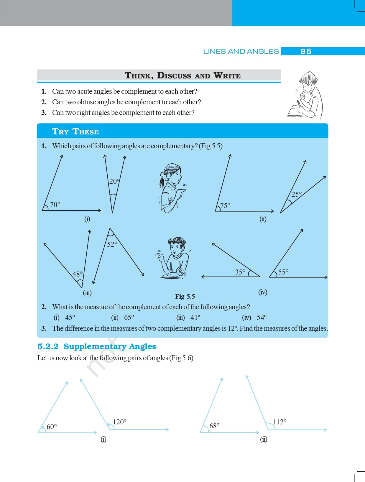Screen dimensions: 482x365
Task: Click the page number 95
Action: tap(306, 51)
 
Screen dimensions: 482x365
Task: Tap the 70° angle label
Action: tap(55, 204)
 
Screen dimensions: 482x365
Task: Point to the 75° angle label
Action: tap(225, 205)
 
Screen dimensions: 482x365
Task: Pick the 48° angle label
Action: tap(78, 274)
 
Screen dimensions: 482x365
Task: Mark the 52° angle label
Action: tap(112, 244)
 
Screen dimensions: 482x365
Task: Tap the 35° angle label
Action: tap(240, 272)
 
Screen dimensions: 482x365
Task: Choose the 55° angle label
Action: tap(283, 272)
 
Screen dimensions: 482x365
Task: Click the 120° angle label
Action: tap(120, 422)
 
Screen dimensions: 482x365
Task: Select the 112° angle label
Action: tap(280, 422)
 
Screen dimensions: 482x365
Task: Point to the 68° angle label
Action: tap(214, 426)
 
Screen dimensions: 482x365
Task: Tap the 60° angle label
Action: tap(52, 427)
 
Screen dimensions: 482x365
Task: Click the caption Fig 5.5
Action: tap(185, 296)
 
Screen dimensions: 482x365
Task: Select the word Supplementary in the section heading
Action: tap(95, 346)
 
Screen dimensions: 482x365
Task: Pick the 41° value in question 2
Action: tap(195, 318)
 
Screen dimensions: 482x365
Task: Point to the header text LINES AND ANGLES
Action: tap(241, 51)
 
